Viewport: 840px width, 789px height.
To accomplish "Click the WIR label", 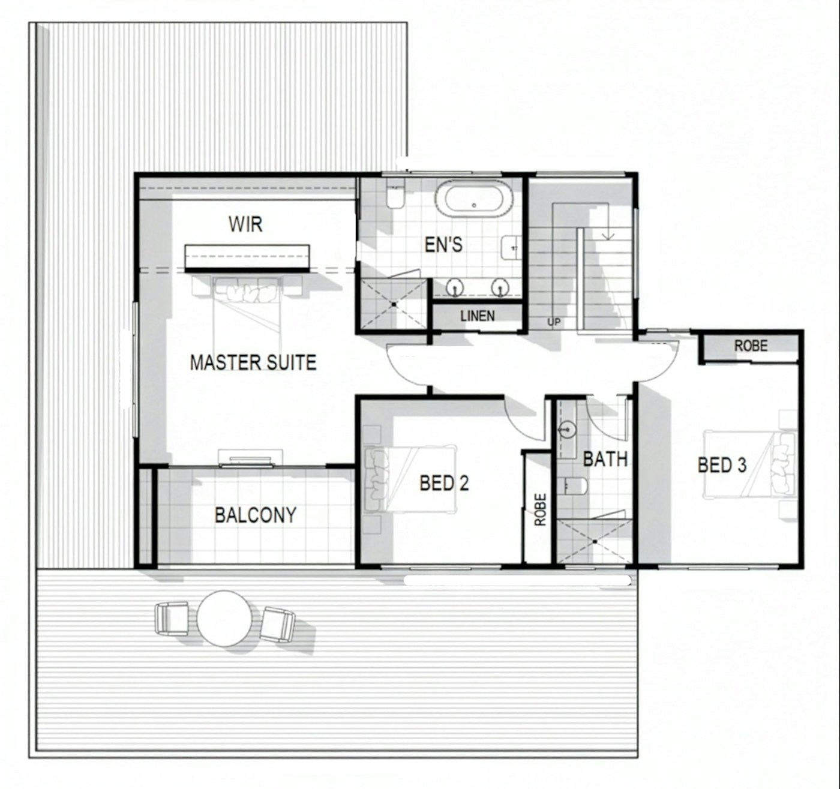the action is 245,224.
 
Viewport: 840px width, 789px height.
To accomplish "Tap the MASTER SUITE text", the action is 253,362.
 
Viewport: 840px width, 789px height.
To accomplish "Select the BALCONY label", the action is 256,515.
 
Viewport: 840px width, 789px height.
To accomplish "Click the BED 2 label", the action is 444,483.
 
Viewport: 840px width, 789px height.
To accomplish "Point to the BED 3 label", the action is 722,465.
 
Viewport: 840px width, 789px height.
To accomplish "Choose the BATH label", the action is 605,459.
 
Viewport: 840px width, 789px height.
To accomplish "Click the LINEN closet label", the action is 478,316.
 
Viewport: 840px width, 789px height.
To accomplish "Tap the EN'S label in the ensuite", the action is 443,245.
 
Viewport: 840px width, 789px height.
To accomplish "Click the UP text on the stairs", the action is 554,322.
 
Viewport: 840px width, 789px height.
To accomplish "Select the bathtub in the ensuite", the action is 474,199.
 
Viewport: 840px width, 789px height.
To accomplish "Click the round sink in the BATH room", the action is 567,430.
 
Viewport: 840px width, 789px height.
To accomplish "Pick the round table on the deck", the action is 224,619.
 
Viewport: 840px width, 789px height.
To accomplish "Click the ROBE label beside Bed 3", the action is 751,346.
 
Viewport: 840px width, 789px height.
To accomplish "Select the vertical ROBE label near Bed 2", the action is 540,510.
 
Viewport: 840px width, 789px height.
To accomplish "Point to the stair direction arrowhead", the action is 608,236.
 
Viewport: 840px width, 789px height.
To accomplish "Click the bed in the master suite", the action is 247,311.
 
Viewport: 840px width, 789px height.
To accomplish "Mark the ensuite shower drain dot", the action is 394,304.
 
